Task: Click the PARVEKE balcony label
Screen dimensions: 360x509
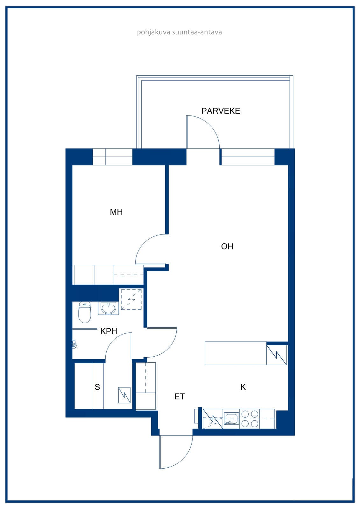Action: point(221,111)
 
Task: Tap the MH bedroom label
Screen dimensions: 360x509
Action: point(116,212)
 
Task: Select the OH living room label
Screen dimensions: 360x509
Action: point(227,246)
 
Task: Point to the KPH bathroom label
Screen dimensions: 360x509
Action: point(109,331)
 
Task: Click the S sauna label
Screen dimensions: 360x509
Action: point(97,387)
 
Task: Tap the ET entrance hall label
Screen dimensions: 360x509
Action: point(180,396)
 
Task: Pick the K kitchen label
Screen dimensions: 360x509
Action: point(243,387)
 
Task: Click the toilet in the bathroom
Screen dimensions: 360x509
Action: point(85,312)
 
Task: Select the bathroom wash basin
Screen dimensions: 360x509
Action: point(109,308)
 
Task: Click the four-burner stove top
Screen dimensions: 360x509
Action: point(250,419)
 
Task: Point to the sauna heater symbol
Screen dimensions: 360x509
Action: point(124,395)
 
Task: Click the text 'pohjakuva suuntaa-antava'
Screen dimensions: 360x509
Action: point(180,32)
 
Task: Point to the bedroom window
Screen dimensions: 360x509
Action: point(113,157)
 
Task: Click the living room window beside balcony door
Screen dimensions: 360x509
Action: point(248,157)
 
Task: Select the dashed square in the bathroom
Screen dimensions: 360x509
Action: point(131,299)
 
